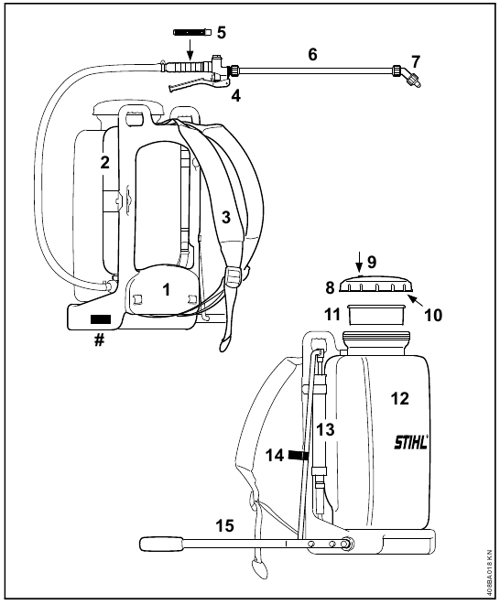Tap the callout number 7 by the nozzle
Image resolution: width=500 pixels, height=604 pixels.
pos(416,61)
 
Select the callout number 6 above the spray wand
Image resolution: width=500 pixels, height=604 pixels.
pos(312,54)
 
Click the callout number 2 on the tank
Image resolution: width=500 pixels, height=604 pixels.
pos(105,162)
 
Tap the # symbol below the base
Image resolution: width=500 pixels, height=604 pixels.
pos(99,340)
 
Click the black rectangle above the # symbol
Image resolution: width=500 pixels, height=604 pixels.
pos(100,319)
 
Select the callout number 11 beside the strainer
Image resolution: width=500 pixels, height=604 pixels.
pos(332,314)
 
